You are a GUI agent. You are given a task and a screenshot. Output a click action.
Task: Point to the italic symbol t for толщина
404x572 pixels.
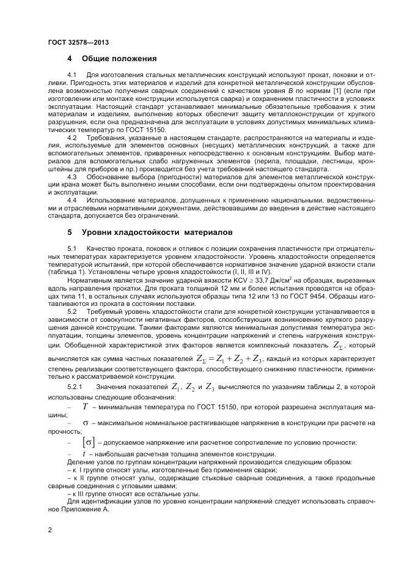tap(84, 453)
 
